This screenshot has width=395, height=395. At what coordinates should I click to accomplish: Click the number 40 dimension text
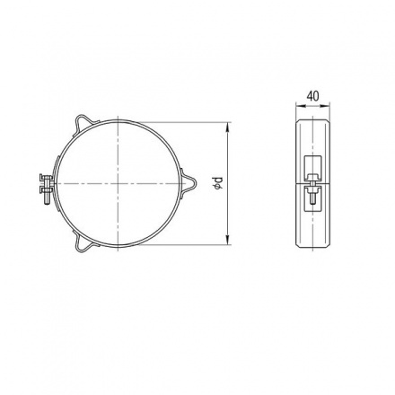click(313, 96)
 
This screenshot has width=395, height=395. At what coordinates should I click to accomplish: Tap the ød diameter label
click(219, 183)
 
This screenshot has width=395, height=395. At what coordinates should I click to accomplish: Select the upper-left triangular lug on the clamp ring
click(85, 124)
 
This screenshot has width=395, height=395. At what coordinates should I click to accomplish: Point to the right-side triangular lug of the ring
click(189, 183)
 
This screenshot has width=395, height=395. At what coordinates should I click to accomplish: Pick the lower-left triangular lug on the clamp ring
click(84, 241)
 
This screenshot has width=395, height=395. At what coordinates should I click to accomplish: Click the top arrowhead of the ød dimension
click(228, 127)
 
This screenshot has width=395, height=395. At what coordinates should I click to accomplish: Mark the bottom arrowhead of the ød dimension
click(228, 240)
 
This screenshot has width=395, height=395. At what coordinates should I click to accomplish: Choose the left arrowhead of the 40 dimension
click(300, 105)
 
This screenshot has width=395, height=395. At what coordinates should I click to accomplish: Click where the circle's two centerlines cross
click(118, 183)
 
